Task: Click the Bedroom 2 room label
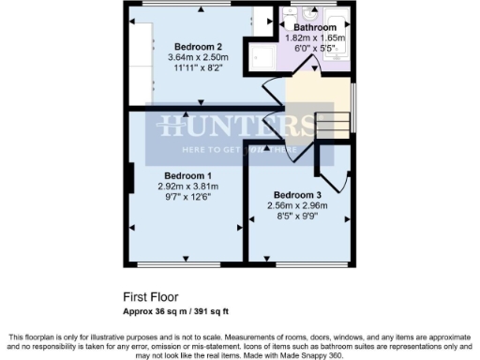pyautogui.click(x=199, y=47)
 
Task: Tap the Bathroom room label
pyautogui.click(x=315, y=28)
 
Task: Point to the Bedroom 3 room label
pyautogui.click(x=292, y=194)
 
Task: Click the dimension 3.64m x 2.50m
pyautogui.click(x=199, y=58)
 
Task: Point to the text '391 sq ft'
pyautogui.click(x=217, y=310)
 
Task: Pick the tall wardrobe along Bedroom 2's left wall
pyautogui.click(x=140, y=56)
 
